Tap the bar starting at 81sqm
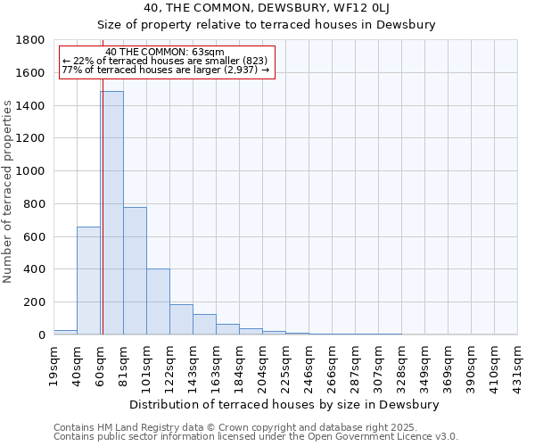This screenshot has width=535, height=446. (135, 270)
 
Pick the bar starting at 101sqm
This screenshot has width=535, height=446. (158, 301)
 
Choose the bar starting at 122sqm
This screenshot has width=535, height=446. (181, 319)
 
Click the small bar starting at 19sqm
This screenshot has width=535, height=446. (65, 332)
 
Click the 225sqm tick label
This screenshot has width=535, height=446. (286, 364)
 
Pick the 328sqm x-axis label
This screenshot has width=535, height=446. (402, 364)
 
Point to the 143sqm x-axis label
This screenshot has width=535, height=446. (193, 364)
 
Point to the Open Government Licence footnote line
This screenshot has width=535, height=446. (255, 436)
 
